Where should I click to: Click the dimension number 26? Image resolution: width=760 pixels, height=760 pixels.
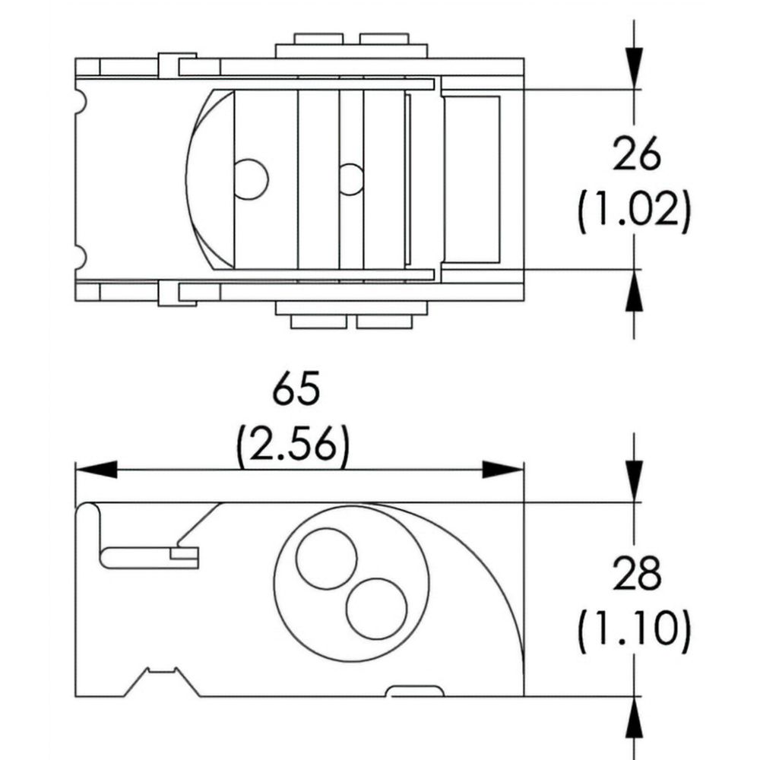click(636, 154)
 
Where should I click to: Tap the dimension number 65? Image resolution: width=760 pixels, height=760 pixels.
click(296, 388)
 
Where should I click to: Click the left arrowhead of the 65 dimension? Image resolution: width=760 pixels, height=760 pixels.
click(97, 470)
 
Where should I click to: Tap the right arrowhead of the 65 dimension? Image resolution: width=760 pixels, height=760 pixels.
click(502, 470)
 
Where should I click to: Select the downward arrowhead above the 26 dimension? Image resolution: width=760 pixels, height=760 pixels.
click(634, 68)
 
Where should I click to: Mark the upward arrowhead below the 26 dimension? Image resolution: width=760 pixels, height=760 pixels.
click(634, 290)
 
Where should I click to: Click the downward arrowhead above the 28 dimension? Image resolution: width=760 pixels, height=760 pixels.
click(634, 481)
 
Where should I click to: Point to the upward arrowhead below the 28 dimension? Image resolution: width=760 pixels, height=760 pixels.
click(634, 718)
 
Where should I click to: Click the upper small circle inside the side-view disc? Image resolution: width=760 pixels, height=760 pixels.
click(326, 559)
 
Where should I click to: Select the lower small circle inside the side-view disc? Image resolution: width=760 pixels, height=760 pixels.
click(377, 609)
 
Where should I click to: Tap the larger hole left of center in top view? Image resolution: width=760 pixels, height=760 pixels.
click(251, 179)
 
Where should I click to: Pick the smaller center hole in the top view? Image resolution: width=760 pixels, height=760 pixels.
click(350, 179)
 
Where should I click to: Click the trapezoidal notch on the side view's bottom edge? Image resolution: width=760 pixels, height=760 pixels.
click(162, 682)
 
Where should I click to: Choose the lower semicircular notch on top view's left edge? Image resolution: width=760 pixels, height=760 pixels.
click(81, 256)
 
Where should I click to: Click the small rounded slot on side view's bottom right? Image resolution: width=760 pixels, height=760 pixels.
click(415, 691)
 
